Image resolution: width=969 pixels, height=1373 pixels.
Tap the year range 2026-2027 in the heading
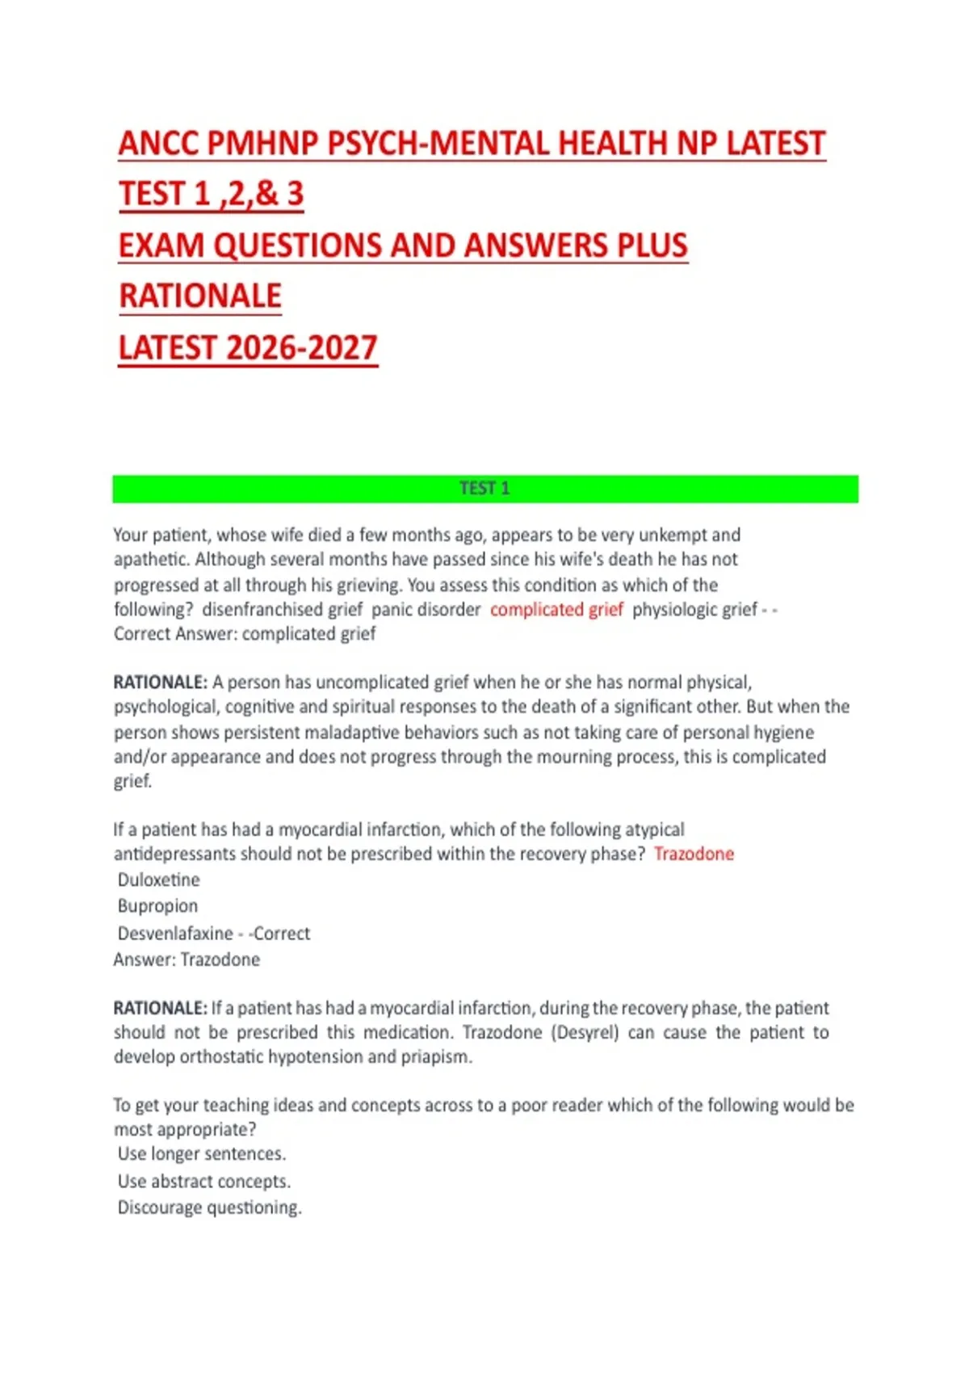point(302,348)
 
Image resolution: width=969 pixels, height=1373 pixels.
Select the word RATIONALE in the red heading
point(200,296)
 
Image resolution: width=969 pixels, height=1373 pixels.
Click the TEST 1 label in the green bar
point(484,489)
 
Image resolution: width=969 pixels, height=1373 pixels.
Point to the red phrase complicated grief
point(556,610)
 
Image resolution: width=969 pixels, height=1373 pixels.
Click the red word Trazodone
point(694,854)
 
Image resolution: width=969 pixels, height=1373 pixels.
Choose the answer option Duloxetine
point(159,880)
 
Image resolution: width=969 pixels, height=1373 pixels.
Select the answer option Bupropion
point(157,906)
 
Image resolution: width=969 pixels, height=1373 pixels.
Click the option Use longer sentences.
point(202,1154)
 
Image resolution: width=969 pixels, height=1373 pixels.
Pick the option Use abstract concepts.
point(204,1182)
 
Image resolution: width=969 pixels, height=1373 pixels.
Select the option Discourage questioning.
point(209,1208)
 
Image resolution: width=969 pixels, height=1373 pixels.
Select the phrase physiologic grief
point(695,610)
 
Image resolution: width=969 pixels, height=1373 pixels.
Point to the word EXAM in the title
point(161,246)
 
